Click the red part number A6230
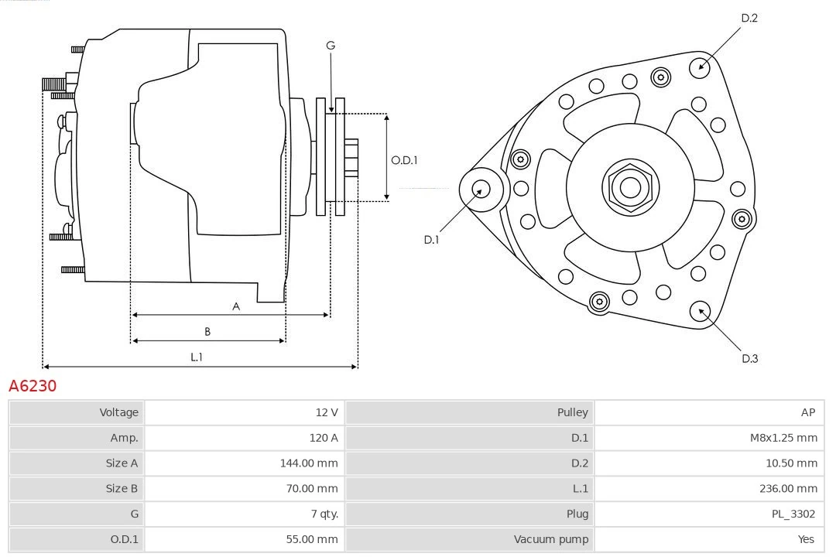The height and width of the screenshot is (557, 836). click(33, 385)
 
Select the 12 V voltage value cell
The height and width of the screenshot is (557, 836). click(326, 412)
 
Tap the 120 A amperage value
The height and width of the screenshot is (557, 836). click(324, 438)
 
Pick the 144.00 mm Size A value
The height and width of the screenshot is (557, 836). click(308, 463)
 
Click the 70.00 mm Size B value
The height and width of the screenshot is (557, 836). click(311, 488)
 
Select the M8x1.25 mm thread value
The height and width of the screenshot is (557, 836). click(783, 438)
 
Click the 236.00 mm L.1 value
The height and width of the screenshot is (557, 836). click(789, 488)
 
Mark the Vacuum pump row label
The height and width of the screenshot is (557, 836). click(550, 539)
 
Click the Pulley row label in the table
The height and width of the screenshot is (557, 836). click(572, 412)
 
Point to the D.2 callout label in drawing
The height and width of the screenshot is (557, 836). click(749, 18)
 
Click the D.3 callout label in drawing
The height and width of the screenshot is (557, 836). click(749, 358)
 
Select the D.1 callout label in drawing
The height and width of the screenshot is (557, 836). click(431, 240)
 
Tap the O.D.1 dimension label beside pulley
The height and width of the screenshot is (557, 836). click(404, 160)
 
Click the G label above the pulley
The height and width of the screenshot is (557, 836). click(331, 46)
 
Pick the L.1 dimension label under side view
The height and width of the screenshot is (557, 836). click(197, 357)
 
